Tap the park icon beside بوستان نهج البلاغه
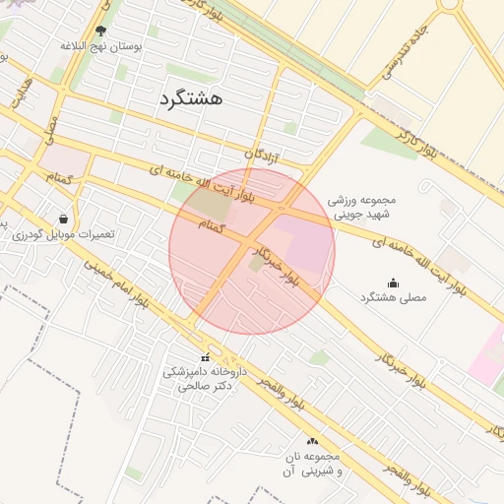(x=101, y=31)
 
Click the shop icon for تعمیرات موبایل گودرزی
(x=64, y=219)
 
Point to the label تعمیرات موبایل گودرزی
(x=64, y=234)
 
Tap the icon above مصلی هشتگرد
(x=393, y=283)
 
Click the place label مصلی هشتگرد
(x=393, y=297)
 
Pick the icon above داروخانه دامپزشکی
(x=205, y=357)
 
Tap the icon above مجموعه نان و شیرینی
(x=313, y=442)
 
